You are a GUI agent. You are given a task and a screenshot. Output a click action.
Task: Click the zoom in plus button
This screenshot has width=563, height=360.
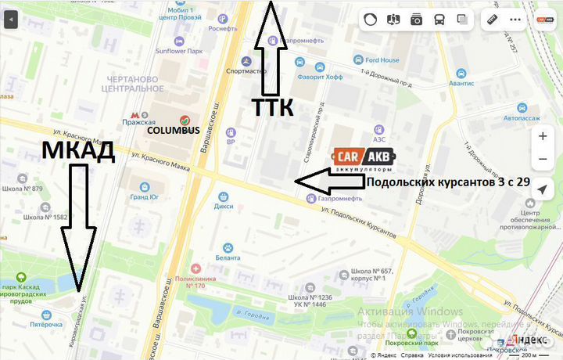[x=543, y=136]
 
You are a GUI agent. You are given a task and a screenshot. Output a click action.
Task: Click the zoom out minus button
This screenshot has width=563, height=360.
[x=543, y=160]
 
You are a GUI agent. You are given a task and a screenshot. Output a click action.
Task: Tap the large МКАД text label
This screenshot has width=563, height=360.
[x=77, y=151]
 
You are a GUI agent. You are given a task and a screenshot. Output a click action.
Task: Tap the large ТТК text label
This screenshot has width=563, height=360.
[x=272, y=107]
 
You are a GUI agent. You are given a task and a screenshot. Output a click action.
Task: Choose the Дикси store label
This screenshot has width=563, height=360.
[x=224, y=206]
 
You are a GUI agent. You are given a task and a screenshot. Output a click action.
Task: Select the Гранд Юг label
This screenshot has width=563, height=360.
[x=145, y=198]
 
